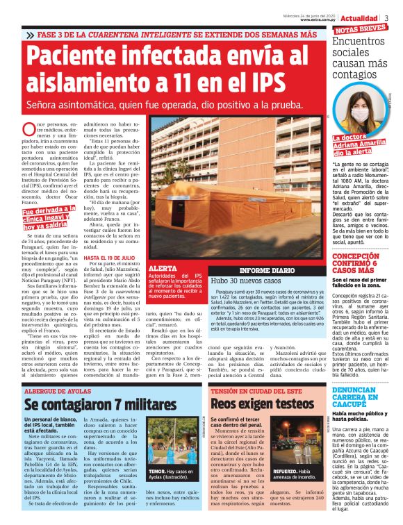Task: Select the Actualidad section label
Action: (360, 17)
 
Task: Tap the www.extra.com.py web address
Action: (319, 20)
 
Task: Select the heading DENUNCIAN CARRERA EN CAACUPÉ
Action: (361, 394)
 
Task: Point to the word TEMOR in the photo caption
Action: (156, 471)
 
